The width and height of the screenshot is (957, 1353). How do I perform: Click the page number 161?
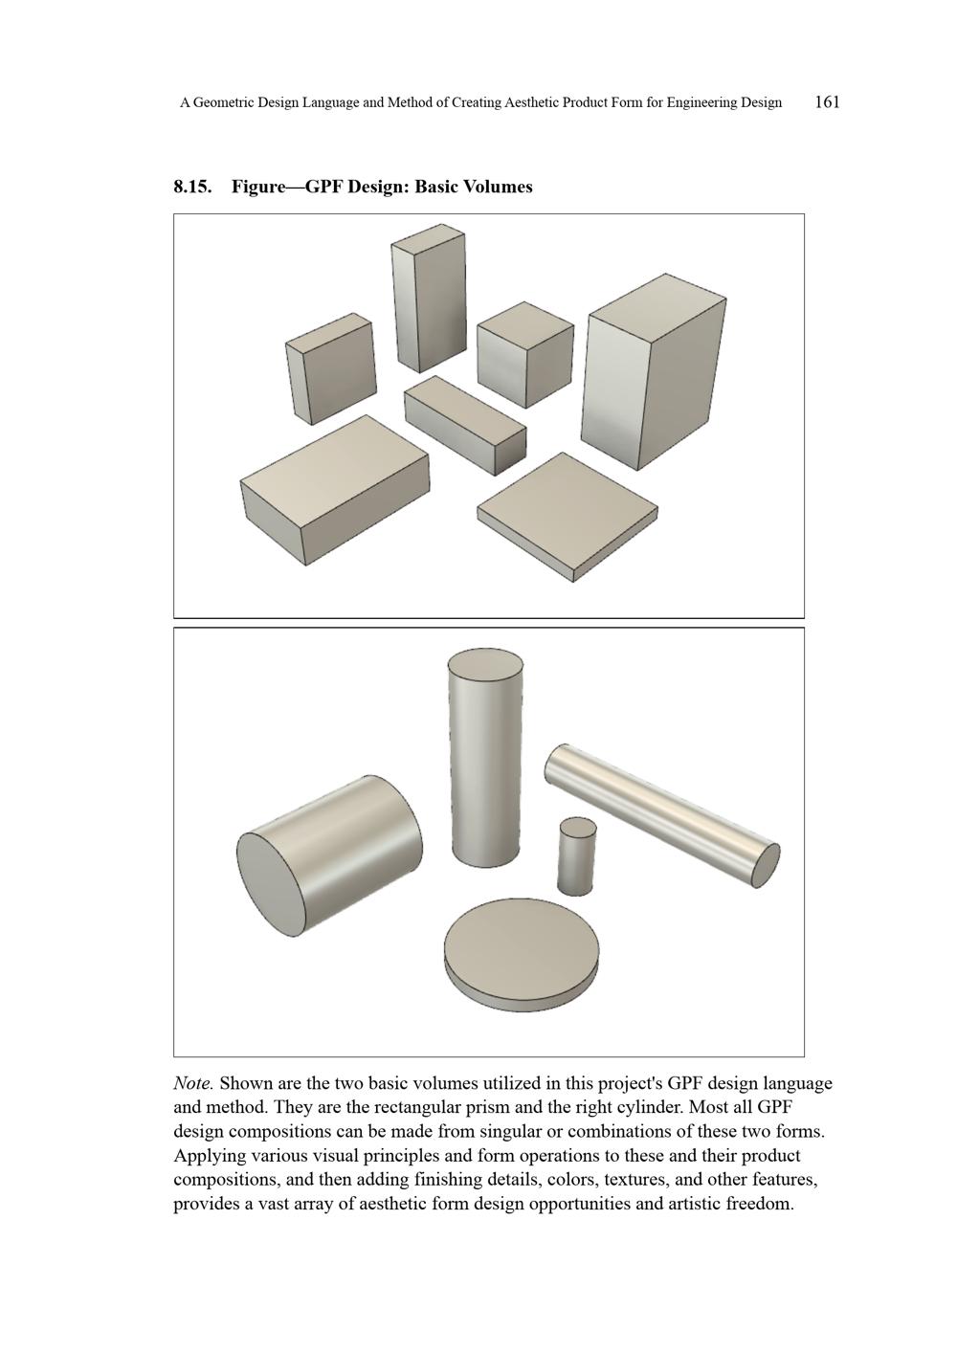click(827, 102)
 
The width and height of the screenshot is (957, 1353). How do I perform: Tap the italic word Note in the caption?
click(192, 1083)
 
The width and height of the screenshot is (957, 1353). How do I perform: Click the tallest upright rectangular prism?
click(429, 299)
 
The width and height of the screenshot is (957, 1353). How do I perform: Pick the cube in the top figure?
click(525, 355)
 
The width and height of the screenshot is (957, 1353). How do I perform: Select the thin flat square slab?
click(568, 517)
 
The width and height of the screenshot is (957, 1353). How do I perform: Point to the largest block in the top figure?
click(653, 371)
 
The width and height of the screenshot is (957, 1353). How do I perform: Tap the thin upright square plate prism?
click(330, 367)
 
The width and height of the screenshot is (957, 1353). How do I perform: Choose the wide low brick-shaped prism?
click(335, 489)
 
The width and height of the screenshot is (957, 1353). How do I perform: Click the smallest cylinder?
click(576, 856)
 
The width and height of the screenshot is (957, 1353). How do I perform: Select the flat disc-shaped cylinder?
click(522, 955)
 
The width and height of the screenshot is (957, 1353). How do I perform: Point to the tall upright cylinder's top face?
click(485, 668)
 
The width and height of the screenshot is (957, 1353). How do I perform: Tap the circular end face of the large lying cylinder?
click(271, 884)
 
